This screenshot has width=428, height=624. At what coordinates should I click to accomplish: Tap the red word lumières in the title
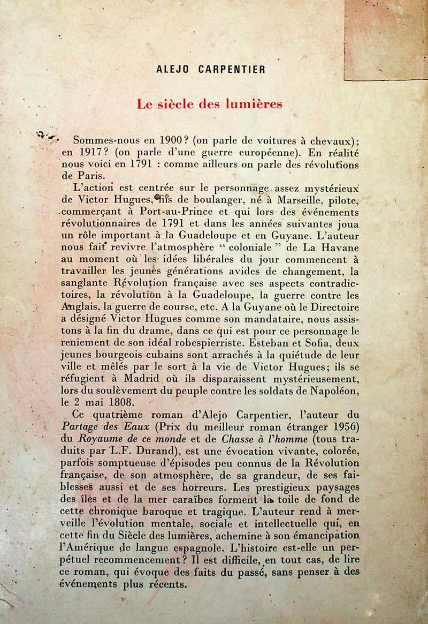pyautogui.click(x=255, y=104)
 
